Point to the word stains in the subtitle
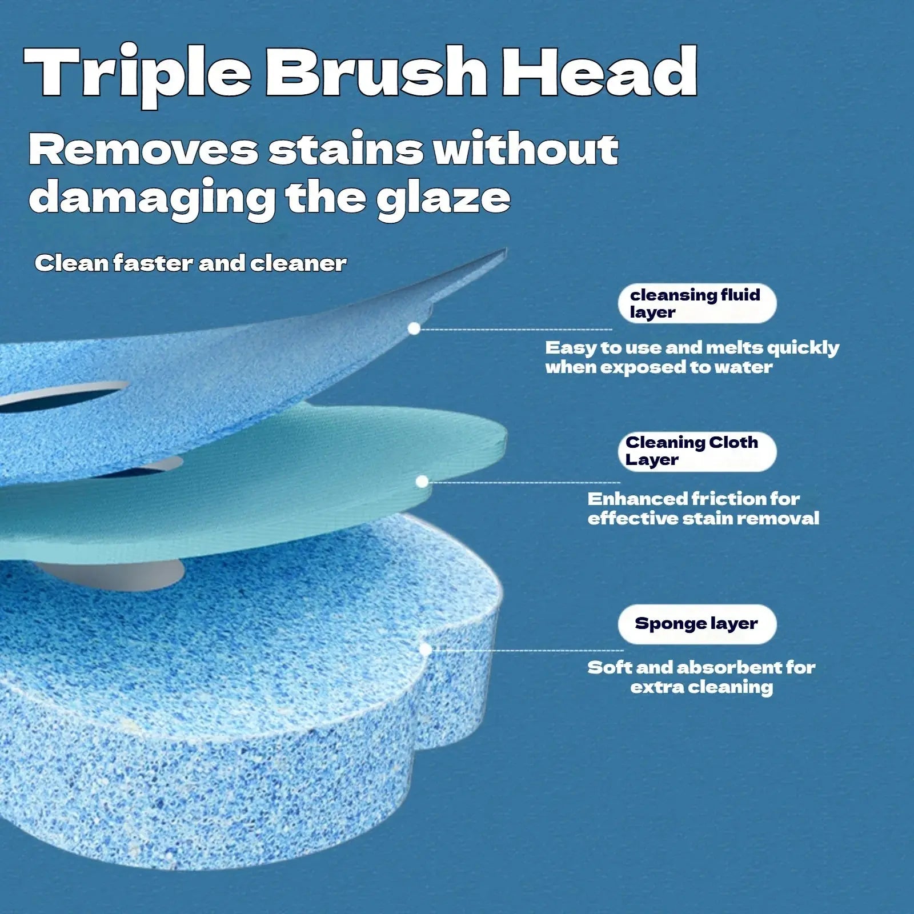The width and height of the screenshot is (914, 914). pyautogui.click(x=346, y=150)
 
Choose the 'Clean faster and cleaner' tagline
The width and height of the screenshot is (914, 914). pyautogui.click(x=190, y=263)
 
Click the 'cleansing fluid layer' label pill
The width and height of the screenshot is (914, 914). pyautogui.click(x=697, y=303)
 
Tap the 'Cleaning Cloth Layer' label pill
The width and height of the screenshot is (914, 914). pyautogui.click(x=697, y=451)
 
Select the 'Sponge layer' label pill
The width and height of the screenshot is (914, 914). pyautogui.click(x=697, y=624)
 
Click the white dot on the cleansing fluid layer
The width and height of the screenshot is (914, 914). pyautogui.click(x=415, y=328)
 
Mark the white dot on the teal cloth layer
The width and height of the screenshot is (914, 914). pyautogui.click(x=422, y=482)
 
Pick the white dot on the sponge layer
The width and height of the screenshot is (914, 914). pyautogui.click(x=425, y=650)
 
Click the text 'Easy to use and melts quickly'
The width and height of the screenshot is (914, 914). pyautogui.click(x=692, y=348)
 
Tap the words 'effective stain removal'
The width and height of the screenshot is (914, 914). pyautogui.click(x=703, y=519)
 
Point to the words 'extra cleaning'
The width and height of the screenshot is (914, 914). pyautogui.click(x=701, y=687)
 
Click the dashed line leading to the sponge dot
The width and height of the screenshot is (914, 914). pyautogui.click(x=526, y=650)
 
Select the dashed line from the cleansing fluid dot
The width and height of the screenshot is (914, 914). pyautogui.click(x=514, y=330)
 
